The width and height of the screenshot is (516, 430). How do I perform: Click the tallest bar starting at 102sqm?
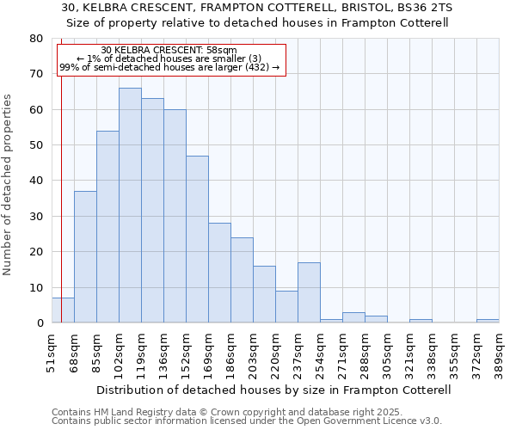tap(130, 206)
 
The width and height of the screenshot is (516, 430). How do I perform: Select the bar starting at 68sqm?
tap(85, 257)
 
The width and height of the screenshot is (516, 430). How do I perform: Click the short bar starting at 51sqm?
tap(63, 310)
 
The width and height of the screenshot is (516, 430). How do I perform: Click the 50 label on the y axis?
tap(36, 145)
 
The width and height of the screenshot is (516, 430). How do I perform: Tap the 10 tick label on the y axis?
tap(36, 288)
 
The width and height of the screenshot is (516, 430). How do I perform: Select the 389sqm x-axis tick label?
tap(499, 352)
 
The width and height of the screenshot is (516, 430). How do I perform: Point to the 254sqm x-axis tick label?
tap(320, 352)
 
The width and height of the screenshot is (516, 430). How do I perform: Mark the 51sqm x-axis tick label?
tap(52, 352)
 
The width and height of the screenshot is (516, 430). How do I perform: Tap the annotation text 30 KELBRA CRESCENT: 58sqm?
tap(169, 50)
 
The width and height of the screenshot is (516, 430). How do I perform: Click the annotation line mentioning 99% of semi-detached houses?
tap(169, 67)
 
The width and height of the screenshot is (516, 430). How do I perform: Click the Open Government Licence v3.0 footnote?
tap(247, 421)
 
